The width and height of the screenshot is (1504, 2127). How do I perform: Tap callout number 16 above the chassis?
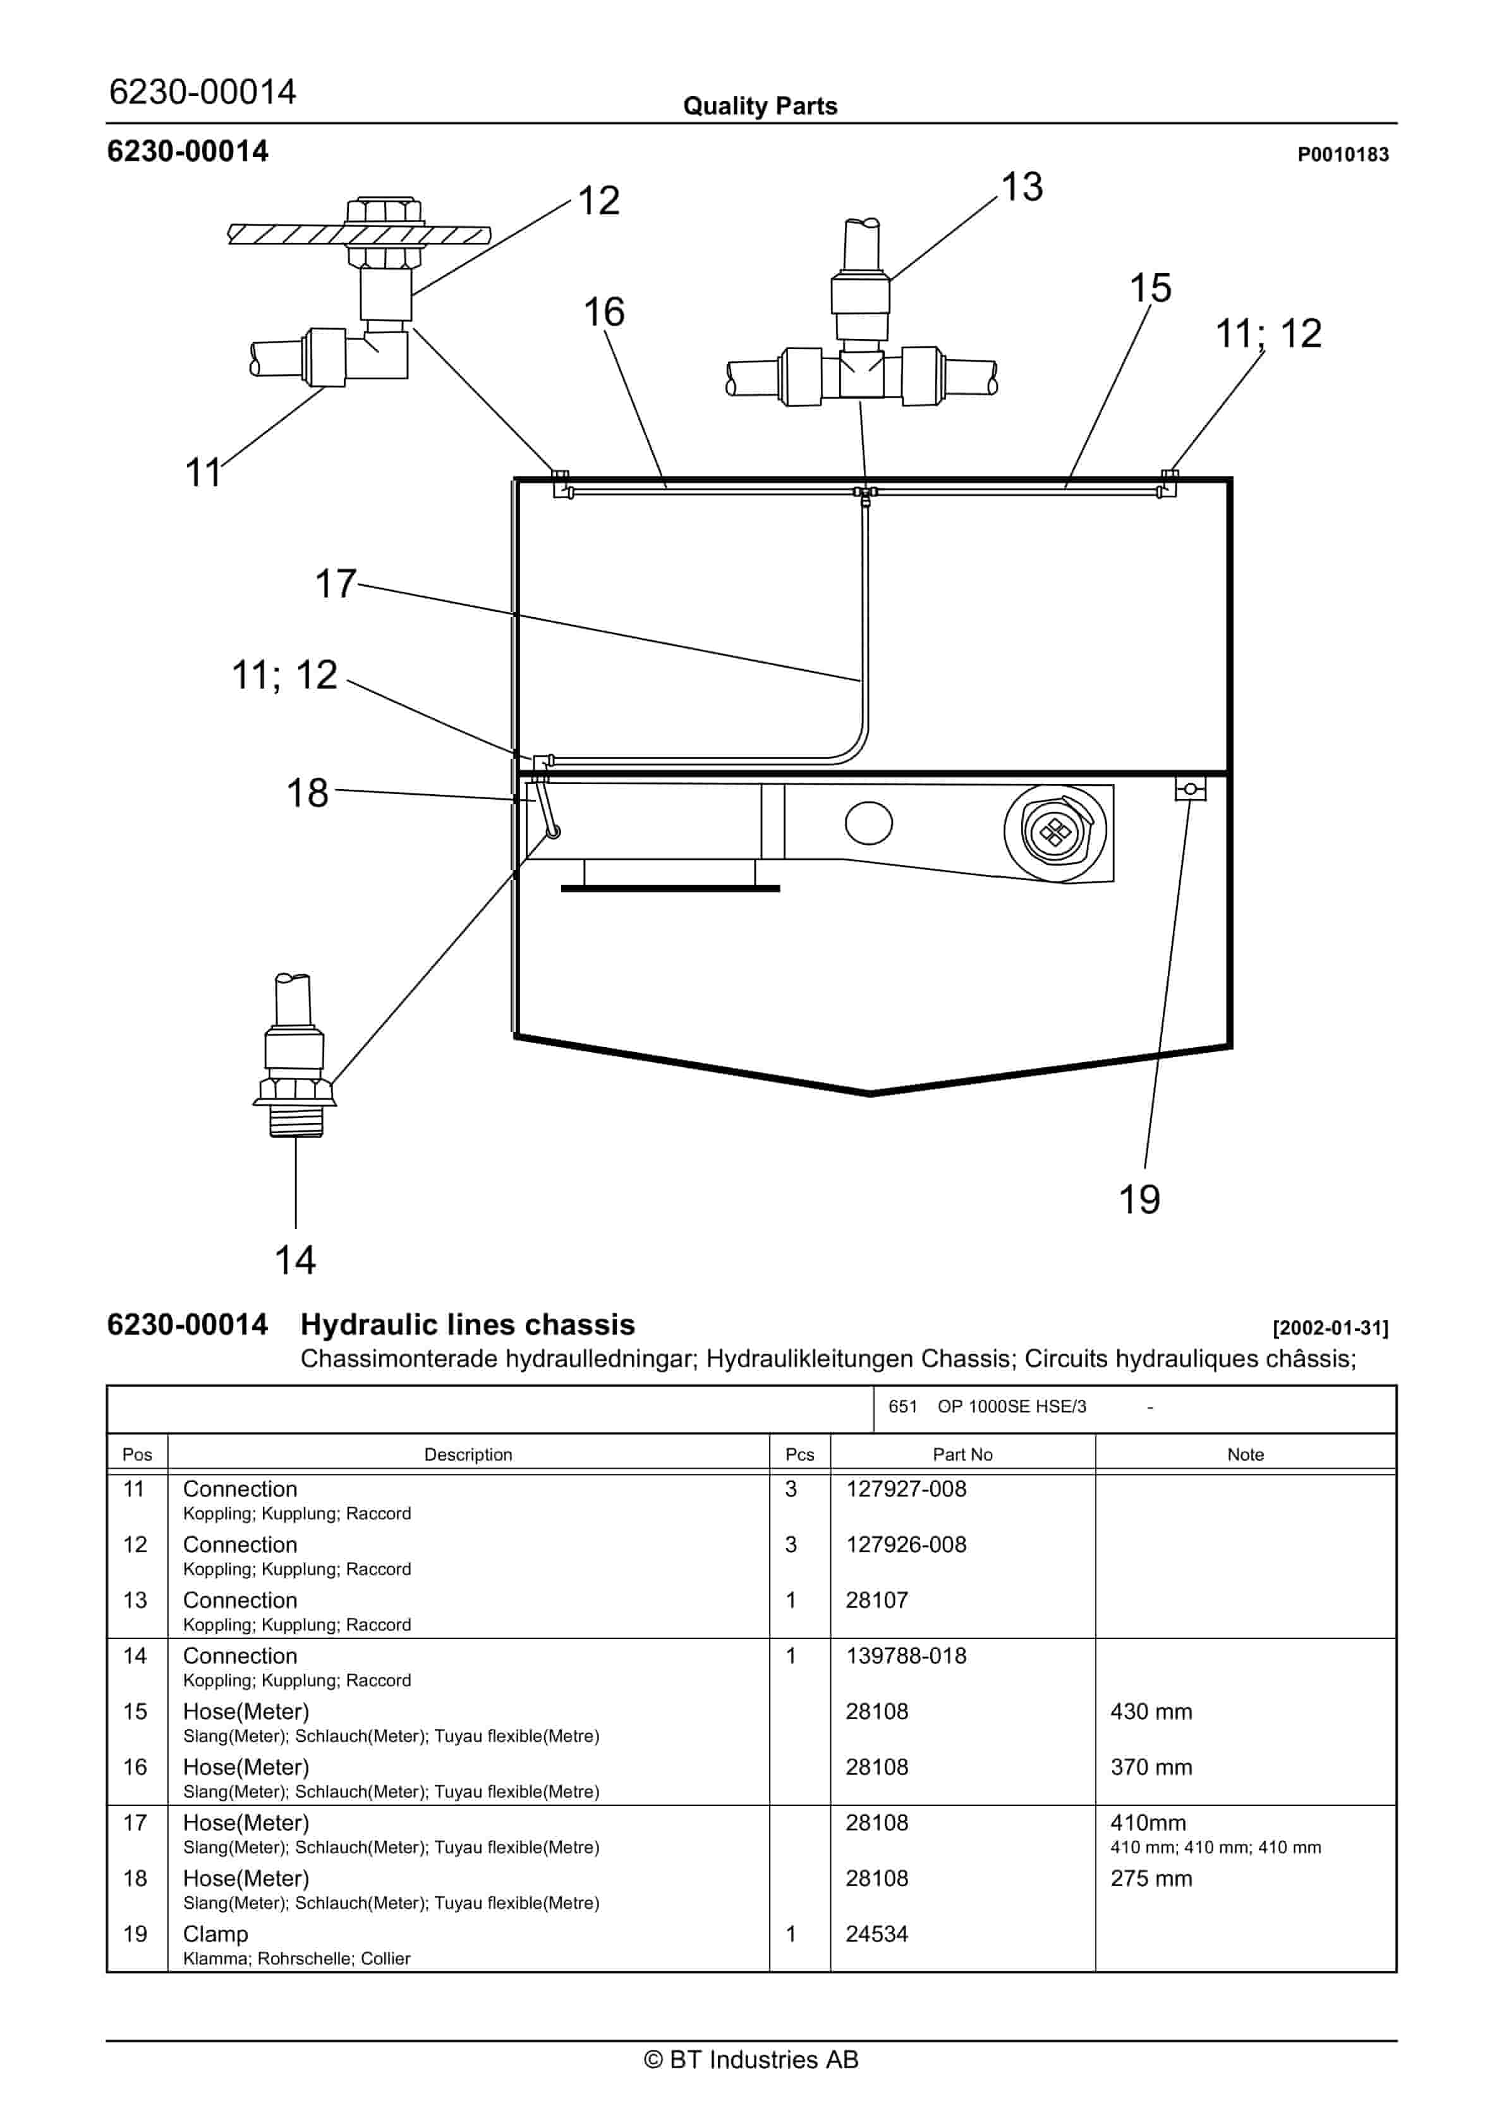[604, 312]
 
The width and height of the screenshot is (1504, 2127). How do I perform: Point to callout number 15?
[1150, 288]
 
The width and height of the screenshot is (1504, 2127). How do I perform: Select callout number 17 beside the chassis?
[336, 585]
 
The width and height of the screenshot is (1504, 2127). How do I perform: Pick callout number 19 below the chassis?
[1139, 1199]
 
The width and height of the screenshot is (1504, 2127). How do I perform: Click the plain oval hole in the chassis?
[869, 823]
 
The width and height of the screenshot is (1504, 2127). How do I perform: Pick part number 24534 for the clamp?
[876, 1934]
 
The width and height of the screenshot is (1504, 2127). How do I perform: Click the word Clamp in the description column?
[215, 1934]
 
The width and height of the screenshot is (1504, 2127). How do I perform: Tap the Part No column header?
[962, 1454]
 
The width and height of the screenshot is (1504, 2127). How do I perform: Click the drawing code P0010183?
[1342, 155]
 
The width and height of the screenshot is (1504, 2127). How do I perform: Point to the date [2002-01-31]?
[1330, 1328]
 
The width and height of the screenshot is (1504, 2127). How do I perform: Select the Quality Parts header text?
[760, 106]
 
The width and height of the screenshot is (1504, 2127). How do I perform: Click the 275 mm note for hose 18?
[1151, 1878]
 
